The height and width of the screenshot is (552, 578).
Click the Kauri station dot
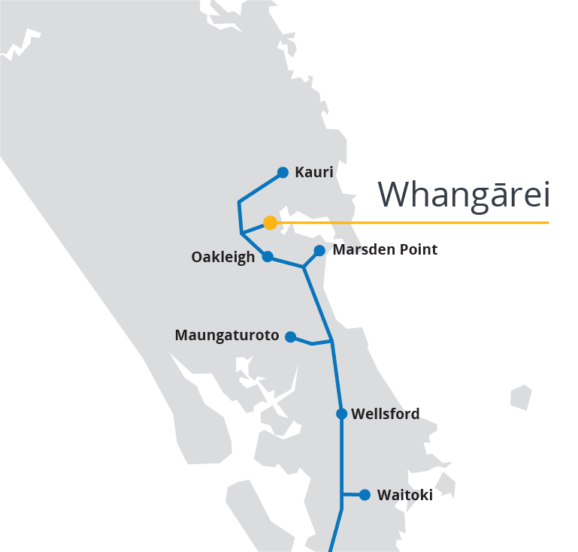point(283,173)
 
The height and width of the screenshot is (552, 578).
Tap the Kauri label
point(313,173)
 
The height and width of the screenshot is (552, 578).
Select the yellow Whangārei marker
point(270,222)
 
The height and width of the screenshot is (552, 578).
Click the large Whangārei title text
point(464,195)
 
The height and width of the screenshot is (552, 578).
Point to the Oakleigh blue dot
point(268,256)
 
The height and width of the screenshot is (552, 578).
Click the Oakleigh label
point(222,258)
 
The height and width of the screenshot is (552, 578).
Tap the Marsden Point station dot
point(319,250)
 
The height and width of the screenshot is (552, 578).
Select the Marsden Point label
point(384,249)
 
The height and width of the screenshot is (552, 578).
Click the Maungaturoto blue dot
point(290,336)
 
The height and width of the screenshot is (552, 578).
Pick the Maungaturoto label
point(226,336)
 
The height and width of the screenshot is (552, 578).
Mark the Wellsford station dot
point(341,414)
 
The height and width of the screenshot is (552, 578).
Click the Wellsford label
point(385,414)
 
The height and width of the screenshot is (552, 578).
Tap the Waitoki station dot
point(365,494)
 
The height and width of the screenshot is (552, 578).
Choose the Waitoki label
point(404,495)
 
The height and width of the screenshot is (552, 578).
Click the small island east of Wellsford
point(521,397)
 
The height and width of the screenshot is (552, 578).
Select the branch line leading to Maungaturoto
point(310,342)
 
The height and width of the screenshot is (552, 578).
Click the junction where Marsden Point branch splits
point(304,266)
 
